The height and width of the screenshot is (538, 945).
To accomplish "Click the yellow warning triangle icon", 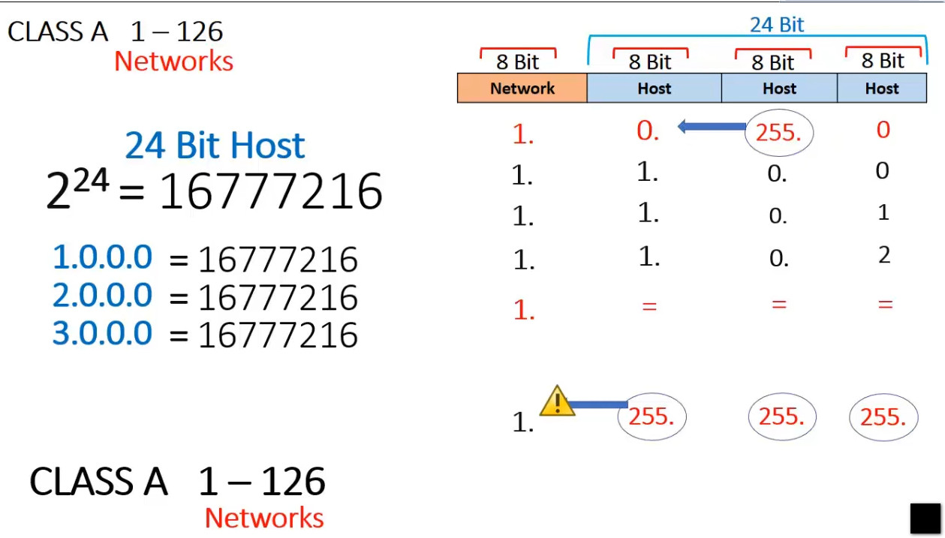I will pos(556,401).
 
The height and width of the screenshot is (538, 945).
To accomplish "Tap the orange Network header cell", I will pos(522,89).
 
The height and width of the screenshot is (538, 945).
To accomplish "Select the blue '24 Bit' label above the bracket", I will pos(777,25).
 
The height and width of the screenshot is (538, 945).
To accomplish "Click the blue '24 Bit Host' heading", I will pos(215,146).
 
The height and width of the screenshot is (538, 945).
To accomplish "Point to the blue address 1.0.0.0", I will pos(103,257).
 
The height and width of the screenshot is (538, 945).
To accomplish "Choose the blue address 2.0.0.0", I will pos(103,296).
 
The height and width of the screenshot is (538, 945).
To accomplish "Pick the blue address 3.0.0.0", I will pos(103,333).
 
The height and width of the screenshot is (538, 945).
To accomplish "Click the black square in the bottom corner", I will pos(925,518).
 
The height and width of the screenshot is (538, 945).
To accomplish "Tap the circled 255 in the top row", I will pos(779,134).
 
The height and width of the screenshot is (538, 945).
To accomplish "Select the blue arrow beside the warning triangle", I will pos(599,405).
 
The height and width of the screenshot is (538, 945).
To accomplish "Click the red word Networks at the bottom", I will pos(264,518).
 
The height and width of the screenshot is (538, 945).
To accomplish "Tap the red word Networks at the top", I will pos(173,62).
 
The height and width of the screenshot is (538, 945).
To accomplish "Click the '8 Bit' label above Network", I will pos(518,62).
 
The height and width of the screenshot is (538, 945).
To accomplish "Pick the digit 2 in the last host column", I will pos(883,256).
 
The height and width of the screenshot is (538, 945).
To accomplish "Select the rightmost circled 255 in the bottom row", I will pos(883,417).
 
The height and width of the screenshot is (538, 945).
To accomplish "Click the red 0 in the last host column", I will pos(883,131).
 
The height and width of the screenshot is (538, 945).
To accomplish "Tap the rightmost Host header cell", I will pos(882,89).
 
